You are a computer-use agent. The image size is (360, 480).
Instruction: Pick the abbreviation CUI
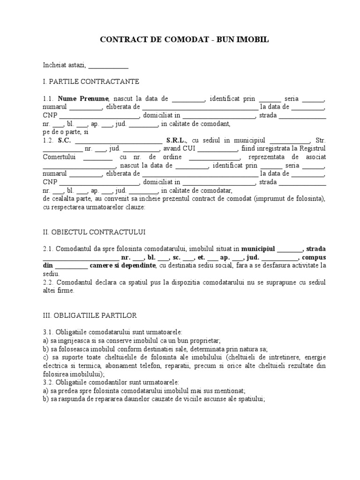[188, 149]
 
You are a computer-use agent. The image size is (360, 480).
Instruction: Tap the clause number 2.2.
[48, 282]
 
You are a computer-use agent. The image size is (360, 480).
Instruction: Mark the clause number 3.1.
[48, 332]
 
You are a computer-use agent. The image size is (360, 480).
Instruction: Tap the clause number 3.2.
[48, 382]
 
